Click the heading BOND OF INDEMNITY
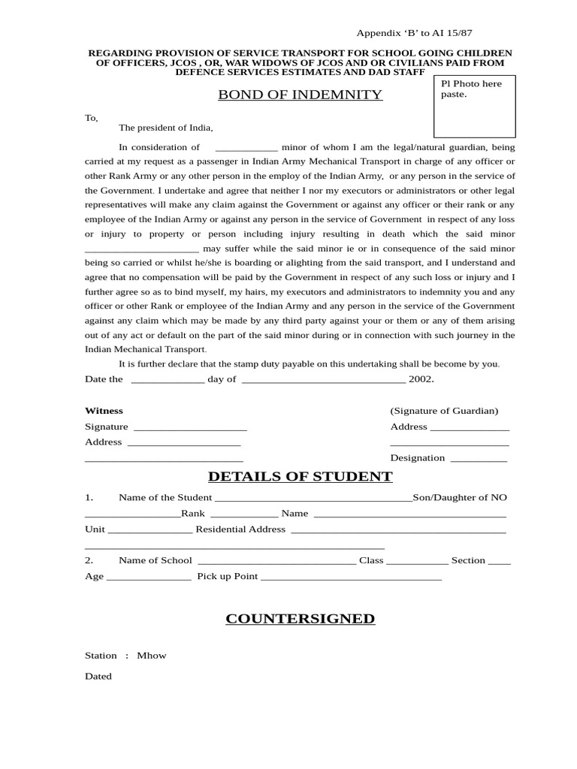click(300, 95)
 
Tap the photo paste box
click(474, 106)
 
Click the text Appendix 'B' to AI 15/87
click(414, 34)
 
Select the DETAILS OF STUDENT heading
click(300, 477)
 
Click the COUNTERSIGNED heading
click(300, 619)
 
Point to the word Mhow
click(152, 656)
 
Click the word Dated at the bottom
click(98, 677)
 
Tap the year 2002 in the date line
click(421, 379)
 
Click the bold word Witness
click(104, 411)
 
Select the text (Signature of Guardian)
click(444, 411)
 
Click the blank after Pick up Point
click(351, 578)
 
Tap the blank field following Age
click(149, 578)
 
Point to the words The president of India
click(165, 128)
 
